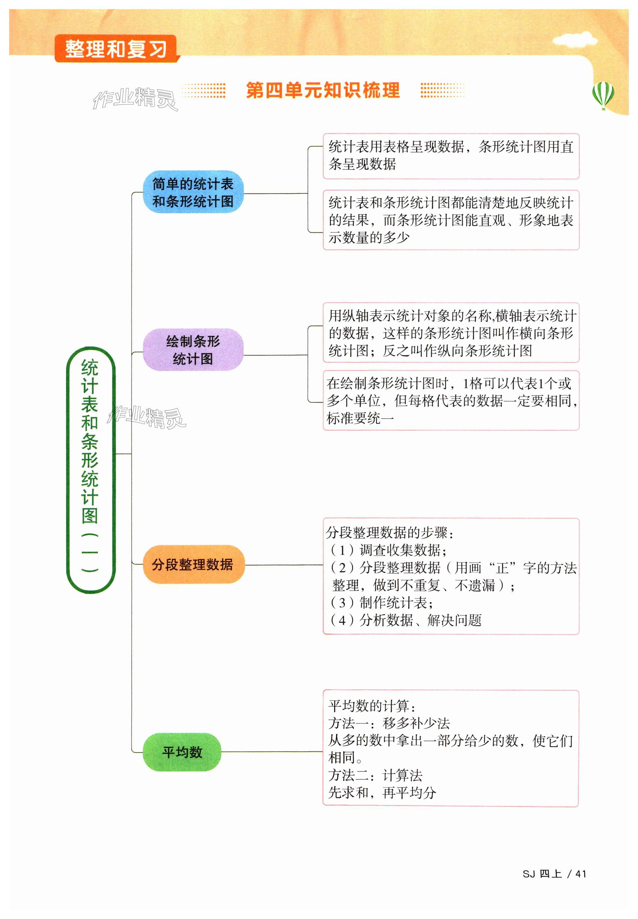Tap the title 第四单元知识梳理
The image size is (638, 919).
tap(322, 90)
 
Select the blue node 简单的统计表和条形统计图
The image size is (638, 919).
tap(193, 192)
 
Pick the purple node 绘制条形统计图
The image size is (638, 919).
tap(193, 350)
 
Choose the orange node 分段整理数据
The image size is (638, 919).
tap(193, 564)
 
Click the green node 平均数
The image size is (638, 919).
tap(182, 752)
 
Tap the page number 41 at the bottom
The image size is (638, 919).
tap(580, 874)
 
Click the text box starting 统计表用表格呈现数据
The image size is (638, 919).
tap(451, 156)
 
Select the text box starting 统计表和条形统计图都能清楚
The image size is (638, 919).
tap(451, 220)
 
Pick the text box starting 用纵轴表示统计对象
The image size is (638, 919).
tap(451, 333)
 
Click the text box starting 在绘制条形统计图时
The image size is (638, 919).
tap(451, 401)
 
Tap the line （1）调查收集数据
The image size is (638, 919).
tap(388, 550)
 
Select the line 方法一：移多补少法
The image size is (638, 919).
tap(389, 723)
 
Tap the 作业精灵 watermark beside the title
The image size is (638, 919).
tap(135, 98)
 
